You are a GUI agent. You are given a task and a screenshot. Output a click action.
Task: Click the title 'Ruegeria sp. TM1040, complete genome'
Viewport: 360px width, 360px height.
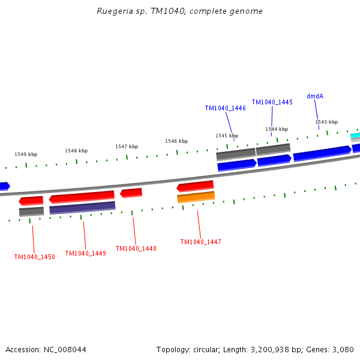pos(179,11)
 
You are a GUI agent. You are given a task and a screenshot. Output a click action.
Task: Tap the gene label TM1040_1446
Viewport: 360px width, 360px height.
pos(225,109)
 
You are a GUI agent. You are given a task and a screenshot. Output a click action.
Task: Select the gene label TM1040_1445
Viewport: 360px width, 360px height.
pos(272,103)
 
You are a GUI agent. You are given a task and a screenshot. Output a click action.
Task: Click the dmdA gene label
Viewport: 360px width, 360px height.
pos(315,96)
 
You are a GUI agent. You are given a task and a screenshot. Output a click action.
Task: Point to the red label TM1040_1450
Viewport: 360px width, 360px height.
pos(34,257)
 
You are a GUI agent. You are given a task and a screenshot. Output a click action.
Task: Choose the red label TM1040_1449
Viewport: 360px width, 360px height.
pos(85,253)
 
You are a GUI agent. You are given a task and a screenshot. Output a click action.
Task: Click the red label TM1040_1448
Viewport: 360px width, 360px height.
pos(136,248)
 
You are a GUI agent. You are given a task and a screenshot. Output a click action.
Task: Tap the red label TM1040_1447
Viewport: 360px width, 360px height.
pos(200,242)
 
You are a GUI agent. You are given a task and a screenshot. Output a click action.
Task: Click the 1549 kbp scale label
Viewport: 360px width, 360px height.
pos(26,154)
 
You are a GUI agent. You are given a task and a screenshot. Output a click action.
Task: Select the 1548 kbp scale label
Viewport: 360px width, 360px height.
pos(76,151)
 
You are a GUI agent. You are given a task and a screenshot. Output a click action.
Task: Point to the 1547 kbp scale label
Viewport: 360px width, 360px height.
pos(127,146)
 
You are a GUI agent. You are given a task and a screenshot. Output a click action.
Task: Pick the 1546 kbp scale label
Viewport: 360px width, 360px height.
pos(176,141)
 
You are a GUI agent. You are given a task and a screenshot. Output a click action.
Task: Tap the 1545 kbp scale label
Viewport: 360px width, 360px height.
pos(227,136)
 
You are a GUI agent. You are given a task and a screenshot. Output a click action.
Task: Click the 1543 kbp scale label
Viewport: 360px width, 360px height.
pos(326,122)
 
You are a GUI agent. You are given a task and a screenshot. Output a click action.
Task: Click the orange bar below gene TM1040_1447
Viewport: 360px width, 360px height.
pos(196,197)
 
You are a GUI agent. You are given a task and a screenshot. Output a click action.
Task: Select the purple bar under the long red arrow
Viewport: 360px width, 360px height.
pos(82,208)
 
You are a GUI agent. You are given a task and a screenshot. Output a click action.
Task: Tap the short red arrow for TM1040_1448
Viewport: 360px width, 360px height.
pos(131,193)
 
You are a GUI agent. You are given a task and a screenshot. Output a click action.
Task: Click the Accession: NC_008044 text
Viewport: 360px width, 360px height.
pos(46,349)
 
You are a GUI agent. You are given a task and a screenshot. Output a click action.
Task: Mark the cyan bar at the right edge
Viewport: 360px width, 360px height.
pos(355,136)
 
